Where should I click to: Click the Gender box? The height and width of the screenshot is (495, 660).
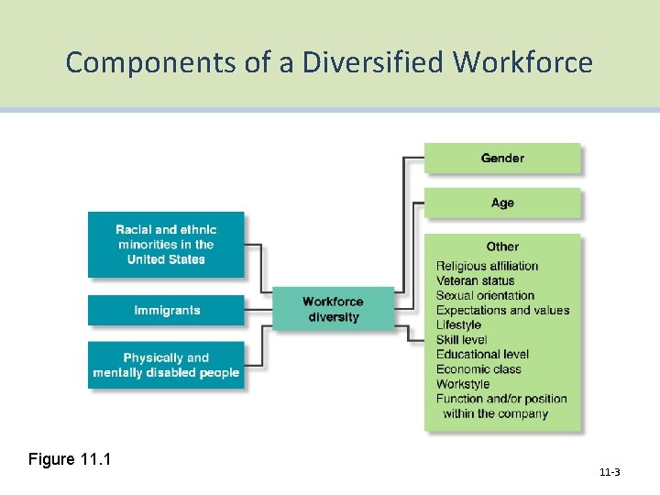pyautogui.click(x=502, y=158)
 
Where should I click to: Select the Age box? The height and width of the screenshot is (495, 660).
pyautogui.click(x=502, y=203)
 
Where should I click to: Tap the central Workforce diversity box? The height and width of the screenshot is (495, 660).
pyautogui.click(x=333, y=310)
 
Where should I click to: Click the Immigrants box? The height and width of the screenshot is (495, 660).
pyautogui.click(x=166, y=310)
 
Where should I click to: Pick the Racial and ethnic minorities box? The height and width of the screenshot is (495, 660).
pyautogui.click(x=166, y=245)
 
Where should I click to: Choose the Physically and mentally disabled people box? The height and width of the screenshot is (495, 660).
pyautogui.click(x=166, y=365)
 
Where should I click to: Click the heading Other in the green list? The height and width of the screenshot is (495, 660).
pyautogui.click(x=502, y=247)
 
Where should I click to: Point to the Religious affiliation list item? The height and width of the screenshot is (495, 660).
pyautogui.click(x=487, y=266)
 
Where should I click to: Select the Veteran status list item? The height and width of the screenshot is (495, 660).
pyautogui.click(x=475, y=280)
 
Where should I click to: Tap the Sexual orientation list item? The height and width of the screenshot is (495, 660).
pyautogui.click(x=485, y=295)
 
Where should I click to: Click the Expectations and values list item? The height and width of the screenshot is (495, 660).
pyautogui.click(x=502, y=310)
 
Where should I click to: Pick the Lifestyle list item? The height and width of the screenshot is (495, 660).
pyautogui.click(x=458, y=324)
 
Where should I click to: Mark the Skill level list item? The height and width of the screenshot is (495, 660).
pyautogui.click(x=461, y=340)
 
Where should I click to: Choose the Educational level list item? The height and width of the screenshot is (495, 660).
pyautogui.click(x=482, y=355)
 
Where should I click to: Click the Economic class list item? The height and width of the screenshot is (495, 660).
pyautogui.click(x=478, y=369)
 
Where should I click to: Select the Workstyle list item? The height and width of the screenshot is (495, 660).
pyautogui.click(x=463, y=384)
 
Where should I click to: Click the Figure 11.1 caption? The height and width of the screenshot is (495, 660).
pyautogui.click(x=70, y=458)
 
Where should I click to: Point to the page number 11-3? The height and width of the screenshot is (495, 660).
pyautogui.click(x=610, y=472)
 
